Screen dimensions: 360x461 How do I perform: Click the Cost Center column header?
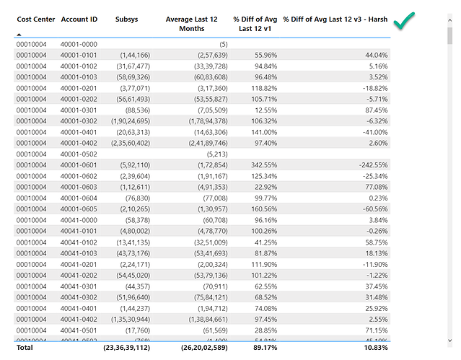click(35, 19)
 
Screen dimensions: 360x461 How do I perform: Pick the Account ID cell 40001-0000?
click(79, 44)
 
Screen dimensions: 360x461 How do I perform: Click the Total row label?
click(26, 348)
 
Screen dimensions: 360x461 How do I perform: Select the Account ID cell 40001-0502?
click(79, 154)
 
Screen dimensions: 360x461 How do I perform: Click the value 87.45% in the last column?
click(375, 110)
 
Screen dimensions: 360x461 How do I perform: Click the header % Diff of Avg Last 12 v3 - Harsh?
click(335, 19)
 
